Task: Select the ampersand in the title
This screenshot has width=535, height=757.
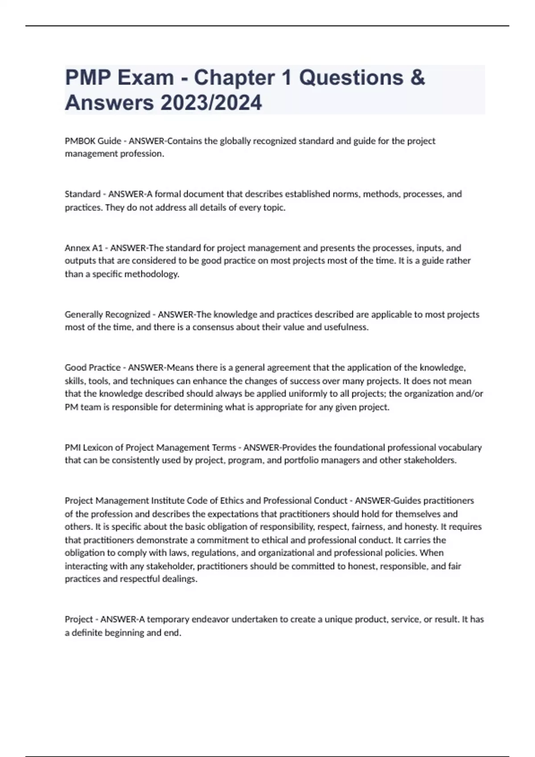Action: tap(417, 77)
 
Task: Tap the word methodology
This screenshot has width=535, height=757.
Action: tap(152, 274)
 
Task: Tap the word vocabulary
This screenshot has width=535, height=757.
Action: tap(460, 448)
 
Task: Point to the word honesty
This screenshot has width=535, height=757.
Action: tap(421, 527)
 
